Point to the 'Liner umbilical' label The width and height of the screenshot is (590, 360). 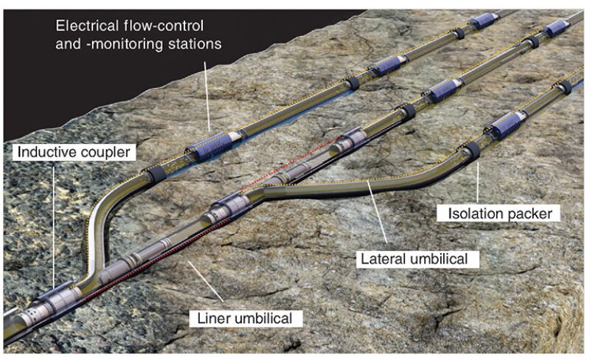tap(246, 319)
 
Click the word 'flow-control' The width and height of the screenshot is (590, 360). tap(170, 27)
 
